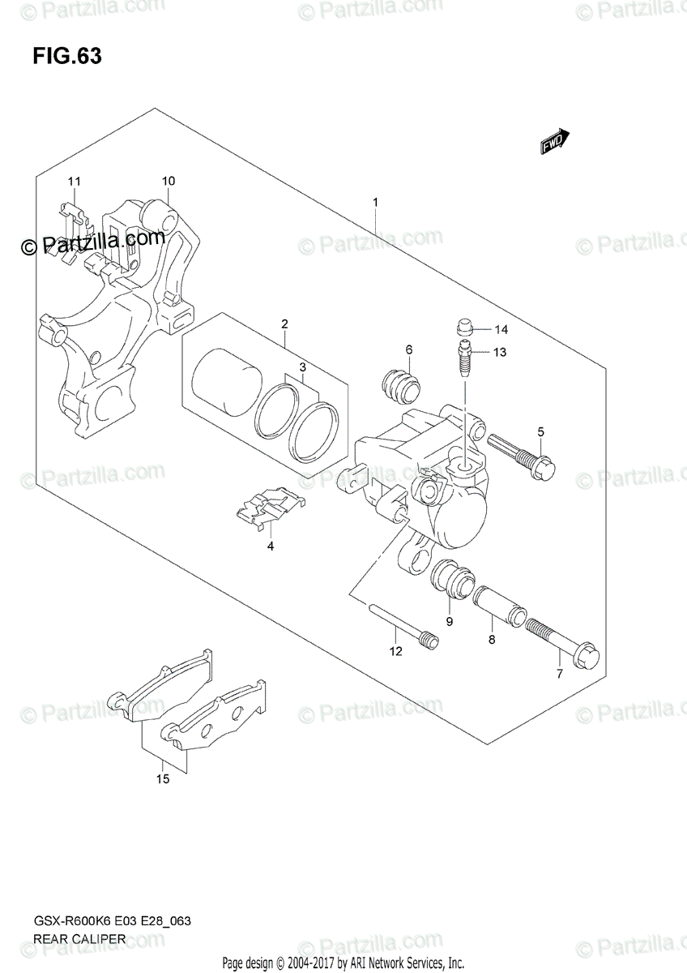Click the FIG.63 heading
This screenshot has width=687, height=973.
click(67, 58)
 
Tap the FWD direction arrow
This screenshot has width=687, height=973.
click(554, 142)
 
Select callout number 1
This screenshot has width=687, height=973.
click(376, 201)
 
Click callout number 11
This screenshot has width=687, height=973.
click(75, 181)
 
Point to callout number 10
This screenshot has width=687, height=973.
click(169, 181)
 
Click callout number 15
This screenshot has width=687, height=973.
click(163, 780)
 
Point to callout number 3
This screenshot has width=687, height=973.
click(301, 367)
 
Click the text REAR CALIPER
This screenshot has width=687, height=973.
click(79, 940)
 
